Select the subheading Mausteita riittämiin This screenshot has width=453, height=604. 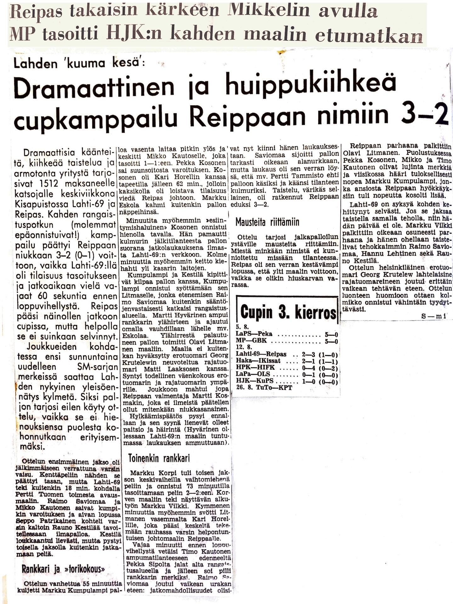(x=267, y=222)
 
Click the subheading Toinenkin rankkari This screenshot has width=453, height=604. (x=159, y=458)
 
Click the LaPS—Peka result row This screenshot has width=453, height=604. (x=286, y=334)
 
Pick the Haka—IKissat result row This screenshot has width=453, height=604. (x=286, y=361)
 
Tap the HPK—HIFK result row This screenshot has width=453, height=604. (x=286, y=367)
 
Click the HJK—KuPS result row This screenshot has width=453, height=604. (x=286, y=382)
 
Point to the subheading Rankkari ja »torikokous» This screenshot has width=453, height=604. (x=63, y=569)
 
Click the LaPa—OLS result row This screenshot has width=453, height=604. (x=286, y=374)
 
